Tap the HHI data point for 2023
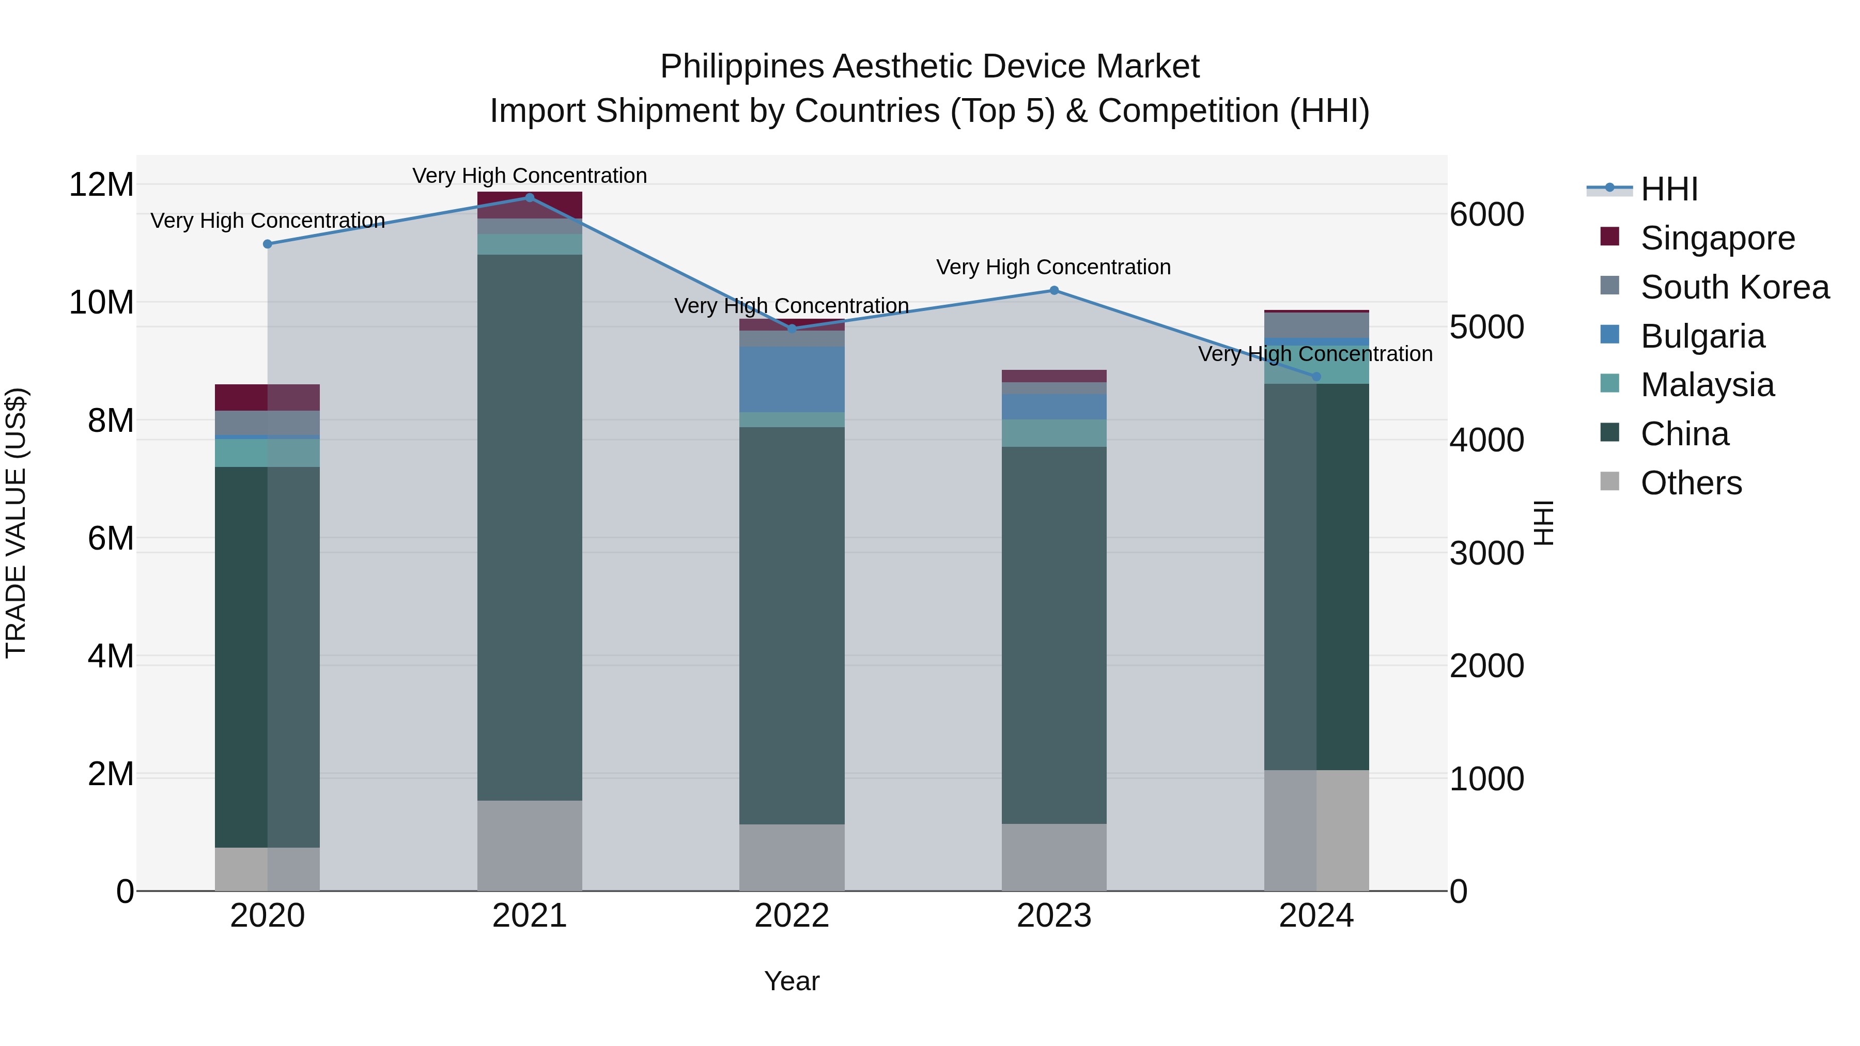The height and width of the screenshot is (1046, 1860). (x=1053, y=290)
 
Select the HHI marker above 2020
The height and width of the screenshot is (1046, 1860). (x=267, y=244)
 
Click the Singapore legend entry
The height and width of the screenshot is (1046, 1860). (x=1717, y=238)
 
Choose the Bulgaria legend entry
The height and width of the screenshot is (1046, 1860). (x=1702, y=336)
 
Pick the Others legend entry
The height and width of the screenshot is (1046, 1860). (x=1691, y=483)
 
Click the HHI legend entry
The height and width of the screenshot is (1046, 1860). (x=1669, y=189)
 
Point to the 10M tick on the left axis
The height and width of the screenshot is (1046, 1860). (x=101, y=303)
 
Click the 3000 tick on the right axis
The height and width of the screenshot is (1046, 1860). (x=1486, y=554)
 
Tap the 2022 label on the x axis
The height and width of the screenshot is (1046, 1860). (x=792, y=916)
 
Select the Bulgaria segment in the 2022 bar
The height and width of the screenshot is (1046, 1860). (x=792, y=379)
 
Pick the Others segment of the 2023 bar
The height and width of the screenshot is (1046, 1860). (x=1053, y=857)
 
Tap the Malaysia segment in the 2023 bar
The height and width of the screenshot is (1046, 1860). (x=1053, y=433)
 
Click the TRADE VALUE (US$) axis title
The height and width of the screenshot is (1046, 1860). (x=16, y=523)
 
